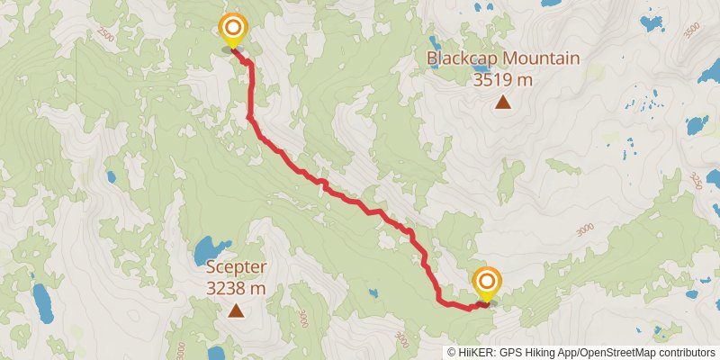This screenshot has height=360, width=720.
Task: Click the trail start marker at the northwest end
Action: pyautogui.click(x=233, y=29)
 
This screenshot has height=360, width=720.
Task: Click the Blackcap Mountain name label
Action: pyautogui.click(x=502, y=59)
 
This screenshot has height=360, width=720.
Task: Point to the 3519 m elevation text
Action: pyautogui.click(x=503, y=79)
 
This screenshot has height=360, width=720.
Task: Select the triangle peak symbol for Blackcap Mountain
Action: pyautogui.click(x=503, y=102)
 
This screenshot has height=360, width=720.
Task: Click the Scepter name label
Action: pyautogui.click(x=237, y=267)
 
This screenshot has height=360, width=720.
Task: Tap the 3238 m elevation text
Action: pyautogui.click(x=237, y=288)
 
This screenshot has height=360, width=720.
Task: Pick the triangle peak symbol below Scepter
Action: pyautogui.click(x=237, y=311)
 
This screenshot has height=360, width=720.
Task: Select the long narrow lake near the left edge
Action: pyautogui.click(x=42, y=302)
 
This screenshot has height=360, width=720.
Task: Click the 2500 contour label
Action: pyautogui.click(x=106, y=35)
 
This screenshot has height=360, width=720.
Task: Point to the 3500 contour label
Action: pyautogui.click(x=691, y=31)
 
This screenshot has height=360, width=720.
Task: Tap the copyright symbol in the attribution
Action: pyautogui.click(x=452, y=352)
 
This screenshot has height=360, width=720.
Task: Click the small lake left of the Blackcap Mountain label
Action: pyautogui.click(x=433, y=43)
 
